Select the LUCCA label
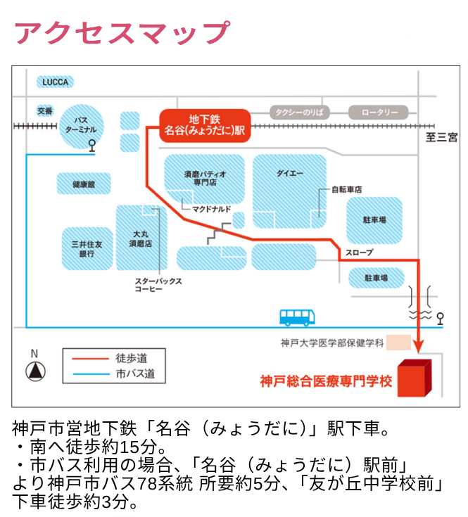click(56, 82)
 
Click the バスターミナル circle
click(81, 127)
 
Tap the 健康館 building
click(84, 184)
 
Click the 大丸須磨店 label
click(141, 238)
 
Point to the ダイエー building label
click(290, 172)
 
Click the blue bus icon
click(298, 317)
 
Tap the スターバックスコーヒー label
click(160, 285)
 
